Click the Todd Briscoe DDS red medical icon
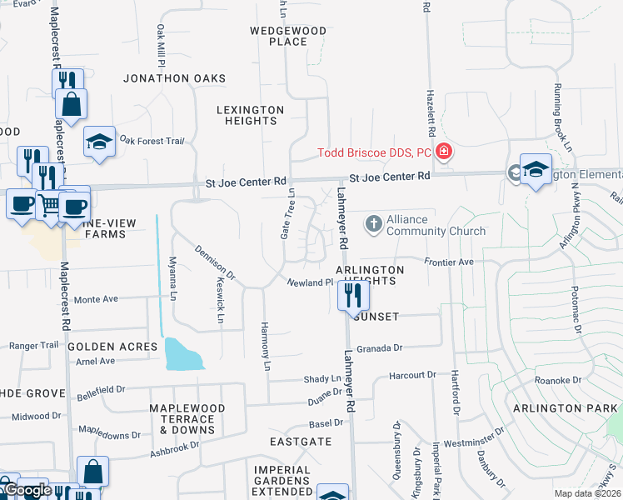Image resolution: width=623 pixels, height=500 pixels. pyautogui.click(x=444, y=152)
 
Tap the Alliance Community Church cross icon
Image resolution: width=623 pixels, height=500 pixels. pyautogui.click(x=374, y=222)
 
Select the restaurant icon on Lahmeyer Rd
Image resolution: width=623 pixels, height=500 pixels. pyautogui.click(x=353, y=294)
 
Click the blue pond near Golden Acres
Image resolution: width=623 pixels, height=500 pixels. pyautogui.click(x=183, y=354)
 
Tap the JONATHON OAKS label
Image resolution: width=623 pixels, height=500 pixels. pyautogui.click(x=174, y=78)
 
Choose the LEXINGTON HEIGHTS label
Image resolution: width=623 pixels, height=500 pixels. pyautogui.click(x=251, y=115)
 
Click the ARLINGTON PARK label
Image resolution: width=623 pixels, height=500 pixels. pyautogui.click(x=566, y=407)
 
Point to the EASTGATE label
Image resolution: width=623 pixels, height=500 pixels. pyautogui.click(x=301, y=441)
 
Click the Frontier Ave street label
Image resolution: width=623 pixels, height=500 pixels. pyautogui.click(x=449, y=262)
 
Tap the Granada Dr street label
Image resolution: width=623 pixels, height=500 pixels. pyautogui.click(x=380, y=348)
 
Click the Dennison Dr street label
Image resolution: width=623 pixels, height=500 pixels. pyautogui.click(x=216, y=261)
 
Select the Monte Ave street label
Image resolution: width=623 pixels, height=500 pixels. pyautogui.click(x=97, y=299)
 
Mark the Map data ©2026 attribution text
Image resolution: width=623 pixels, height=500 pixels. pyautogui.click(x=587, y=493)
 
